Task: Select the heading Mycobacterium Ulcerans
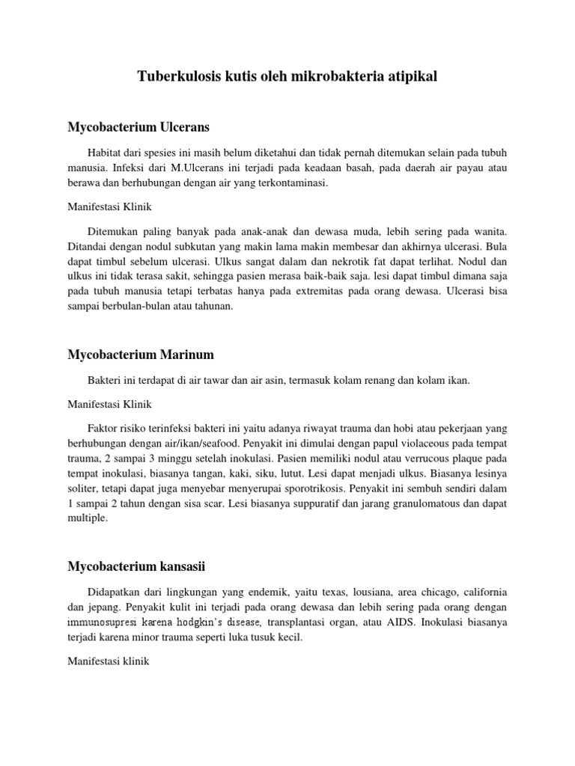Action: [139, 127]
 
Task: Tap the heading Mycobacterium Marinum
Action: [139, 354]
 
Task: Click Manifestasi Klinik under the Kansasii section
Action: [109, 662]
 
